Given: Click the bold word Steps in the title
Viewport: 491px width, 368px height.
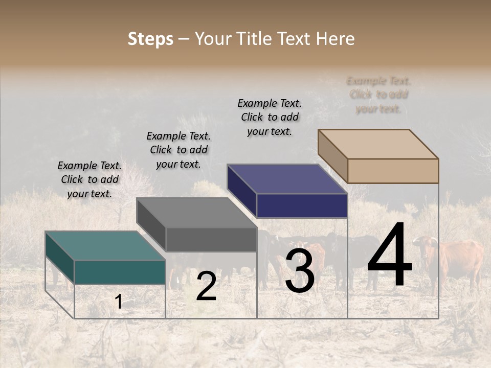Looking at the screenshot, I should pos(150,39).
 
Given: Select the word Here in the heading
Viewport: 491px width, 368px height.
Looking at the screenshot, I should pos(335,39).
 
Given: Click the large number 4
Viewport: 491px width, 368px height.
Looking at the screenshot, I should pos(390,256).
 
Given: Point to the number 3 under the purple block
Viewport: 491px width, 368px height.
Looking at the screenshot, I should pos(300,271).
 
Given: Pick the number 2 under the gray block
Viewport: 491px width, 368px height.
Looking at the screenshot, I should pos(206,286).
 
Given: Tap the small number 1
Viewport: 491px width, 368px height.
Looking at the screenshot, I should pos(119,302).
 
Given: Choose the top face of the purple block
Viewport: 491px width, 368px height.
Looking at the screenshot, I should pos(287,179).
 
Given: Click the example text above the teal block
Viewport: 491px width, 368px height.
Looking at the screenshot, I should pos(90,179).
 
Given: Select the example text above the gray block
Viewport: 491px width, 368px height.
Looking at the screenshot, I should pos(178,150).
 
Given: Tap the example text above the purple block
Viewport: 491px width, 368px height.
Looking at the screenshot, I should pos(270,117).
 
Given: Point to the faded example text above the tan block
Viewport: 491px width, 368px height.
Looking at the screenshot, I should pos(378,95).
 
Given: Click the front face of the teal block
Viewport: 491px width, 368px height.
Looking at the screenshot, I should pos(120,272).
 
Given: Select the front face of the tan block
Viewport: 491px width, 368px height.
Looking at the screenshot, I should pos(393,171).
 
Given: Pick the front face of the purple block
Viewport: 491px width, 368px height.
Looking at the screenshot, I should pos(302,206).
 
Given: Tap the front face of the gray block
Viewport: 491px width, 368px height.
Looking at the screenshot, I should pos(211,239).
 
